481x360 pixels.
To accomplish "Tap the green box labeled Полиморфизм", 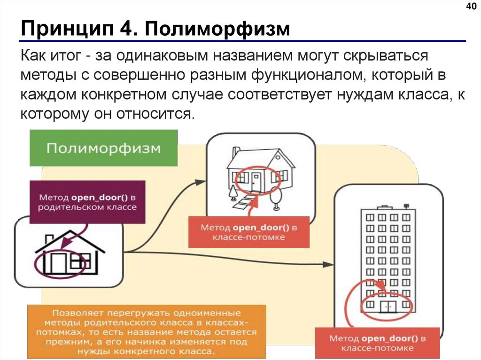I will [x=103, y=148].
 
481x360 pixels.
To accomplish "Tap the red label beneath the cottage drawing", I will [x=249, y=232].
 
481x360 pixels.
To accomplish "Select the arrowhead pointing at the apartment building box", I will [x=329, y=265].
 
